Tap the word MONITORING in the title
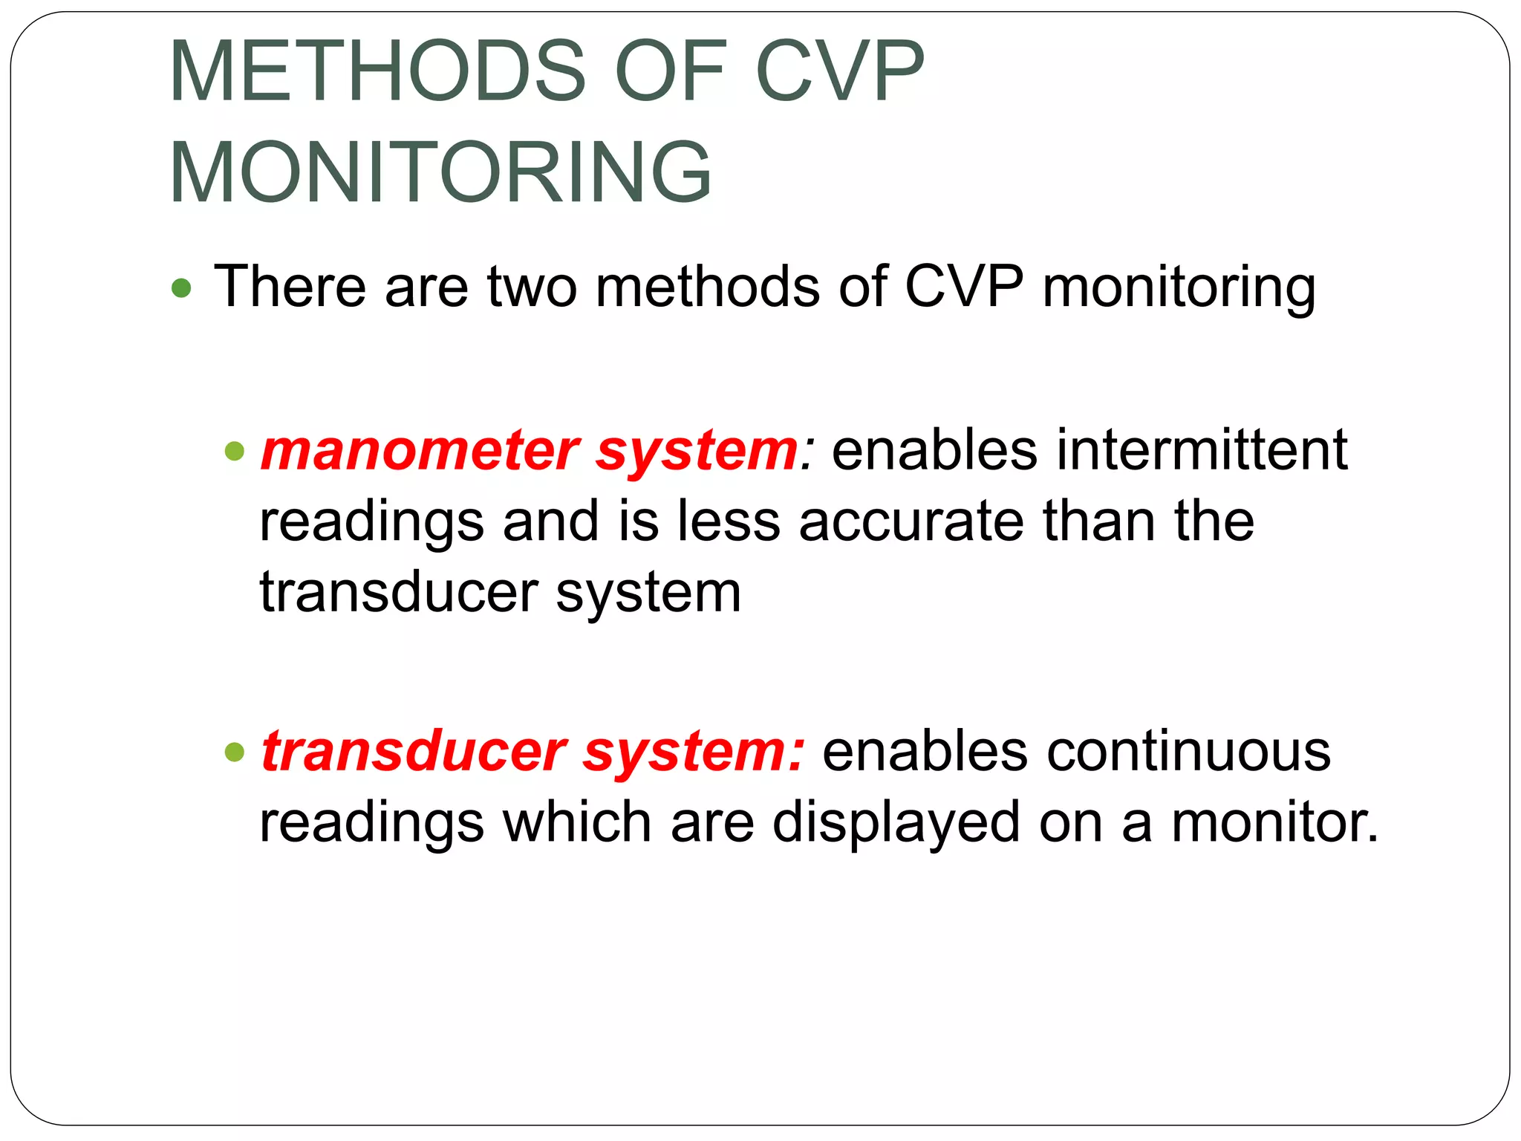pos(440,172)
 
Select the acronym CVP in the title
pos(839,71)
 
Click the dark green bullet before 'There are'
pos(181,288)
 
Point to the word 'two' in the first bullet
pos(532,287)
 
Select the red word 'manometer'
pos(420,451)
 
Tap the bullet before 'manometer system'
pos(235,451)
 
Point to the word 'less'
pos(728,521)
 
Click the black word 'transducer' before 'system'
pos(398,593)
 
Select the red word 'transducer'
pos(414,752)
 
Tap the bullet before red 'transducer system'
pos(235,752)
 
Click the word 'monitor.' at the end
pos(1274,823)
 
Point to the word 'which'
pos(577,823)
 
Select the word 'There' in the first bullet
pos(290,287)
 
